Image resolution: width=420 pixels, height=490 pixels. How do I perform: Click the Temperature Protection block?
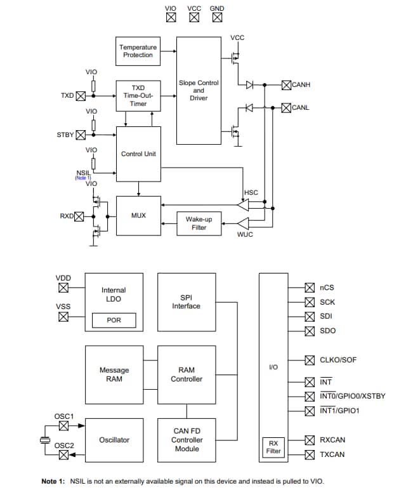click(x=138, y=51)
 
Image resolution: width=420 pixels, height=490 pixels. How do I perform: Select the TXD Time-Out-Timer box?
click(x=138, y=96)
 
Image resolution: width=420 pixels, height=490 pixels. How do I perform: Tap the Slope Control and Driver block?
click(x=199, y=90)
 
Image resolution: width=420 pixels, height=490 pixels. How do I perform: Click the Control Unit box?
click(x=138, y=154)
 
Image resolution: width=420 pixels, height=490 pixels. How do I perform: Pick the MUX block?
click(x=138, y=216)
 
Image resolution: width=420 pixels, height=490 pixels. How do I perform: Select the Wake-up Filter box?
click(x=199, y=223)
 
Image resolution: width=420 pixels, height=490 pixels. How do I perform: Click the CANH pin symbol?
click(x=286, y=84)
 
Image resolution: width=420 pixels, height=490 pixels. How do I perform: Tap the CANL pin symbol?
click(x=286, y=108)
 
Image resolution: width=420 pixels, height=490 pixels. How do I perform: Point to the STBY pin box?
click(x=81, y=135)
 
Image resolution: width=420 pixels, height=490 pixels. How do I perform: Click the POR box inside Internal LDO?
click(x=114, y=321)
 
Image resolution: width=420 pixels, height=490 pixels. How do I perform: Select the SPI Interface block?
click(x=186, y=302)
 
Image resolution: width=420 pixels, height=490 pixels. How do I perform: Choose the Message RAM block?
click(x=114, y=374)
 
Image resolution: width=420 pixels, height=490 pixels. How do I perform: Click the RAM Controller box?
click(x=186, y=374)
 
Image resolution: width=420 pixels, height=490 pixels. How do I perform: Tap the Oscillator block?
click(x=114, y=440)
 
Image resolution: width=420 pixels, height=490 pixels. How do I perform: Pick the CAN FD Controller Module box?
click(x=186, y=440)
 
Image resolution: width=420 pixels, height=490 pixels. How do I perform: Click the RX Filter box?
click(x=274, y=447)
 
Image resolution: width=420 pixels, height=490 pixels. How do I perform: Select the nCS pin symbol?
click(x=310, y=288)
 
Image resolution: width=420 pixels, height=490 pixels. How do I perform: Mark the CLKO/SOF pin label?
click(x=338, y=360)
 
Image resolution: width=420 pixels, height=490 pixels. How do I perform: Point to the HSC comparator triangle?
click(x=243, y=205)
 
